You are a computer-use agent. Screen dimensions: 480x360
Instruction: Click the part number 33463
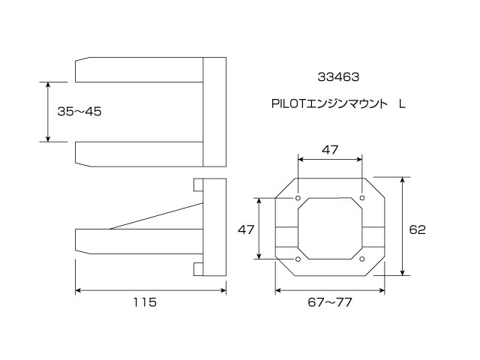(338, 77)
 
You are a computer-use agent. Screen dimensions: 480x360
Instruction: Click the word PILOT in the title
(289, 104)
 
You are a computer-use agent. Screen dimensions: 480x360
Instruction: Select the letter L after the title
(402, 104)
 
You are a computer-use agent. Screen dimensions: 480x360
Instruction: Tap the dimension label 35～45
(79, 112)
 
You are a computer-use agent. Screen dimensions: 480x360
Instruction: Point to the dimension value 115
(145, 302)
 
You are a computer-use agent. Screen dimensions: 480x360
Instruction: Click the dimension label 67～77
(330, 302)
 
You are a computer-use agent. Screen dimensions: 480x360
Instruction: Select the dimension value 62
(417, 229)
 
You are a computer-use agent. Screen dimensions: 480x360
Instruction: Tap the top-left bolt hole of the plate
(298, 198)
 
